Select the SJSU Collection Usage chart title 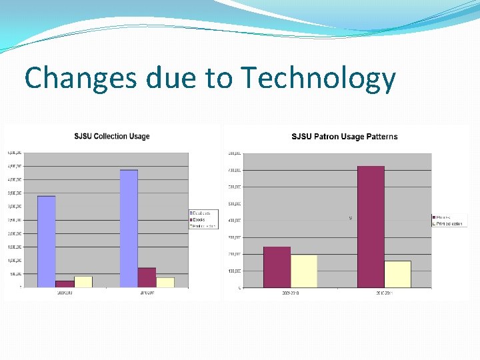tap(111, 136)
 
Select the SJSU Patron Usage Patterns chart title tap(344, 137)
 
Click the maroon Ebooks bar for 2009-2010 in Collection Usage tap(65, 284)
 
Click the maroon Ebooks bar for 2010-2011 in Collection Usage tap(147, 277)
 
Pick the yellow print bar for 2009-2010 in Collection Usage tap(83, 281)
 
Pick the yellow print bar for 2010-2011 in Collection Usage tap(165, 282)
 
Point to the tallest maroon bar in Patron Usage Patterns tap(371, 227)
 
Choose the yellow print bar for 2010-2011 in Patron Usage tap(397, 274)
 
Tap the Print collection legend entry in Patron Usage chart tap(449, 224)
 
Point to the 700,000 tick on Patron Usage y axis tap(235, 170)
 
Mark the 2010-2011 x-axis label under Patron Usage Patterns tap(384, 293)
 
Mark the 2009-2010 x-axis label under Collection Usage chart tap(65, 292)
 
